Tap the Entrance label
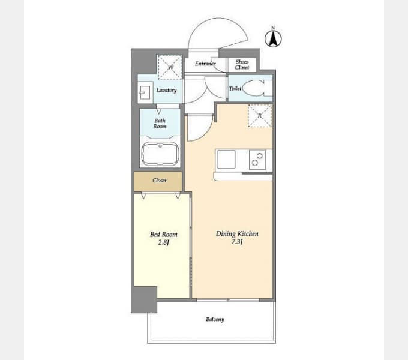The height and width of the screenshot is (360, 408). point(205,64)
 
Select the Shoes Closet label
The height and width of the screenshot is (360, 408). point(242,64)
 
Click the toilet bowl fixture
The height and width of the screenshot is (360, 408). point(258,88)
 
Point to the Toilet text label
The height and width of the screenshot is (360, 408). point(235,89)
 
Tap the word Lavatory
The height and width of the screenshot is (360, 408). point(166,91)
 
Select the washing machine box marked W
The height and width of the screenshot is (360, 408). point(169,67)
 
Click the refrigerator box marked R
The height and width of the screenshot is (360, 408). point(260,115)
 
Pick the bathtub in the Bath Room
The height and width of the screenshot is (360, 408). point(160,154)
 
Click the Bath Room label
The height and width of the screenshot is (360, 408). point(160,124)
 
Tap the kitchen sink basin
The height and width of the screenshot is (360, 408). point(227,160)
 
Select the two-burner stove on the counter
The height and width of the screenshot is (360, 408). point(257,160)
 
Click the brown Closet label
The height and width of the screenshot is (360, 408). point(159,180)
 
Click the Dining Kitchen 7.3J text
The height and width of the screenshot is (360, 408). point(237,238)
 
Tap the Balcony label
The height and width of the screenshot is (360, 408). point(215,319)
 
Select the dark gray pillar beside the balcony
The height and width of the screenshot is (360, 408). point(144,299)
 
